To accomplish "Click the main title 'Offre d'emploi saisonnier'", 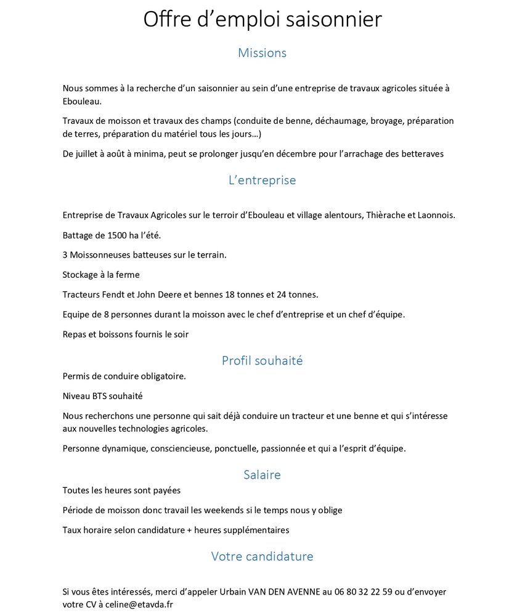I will (262, 20).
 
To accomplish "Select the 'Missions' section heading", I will (262, 53).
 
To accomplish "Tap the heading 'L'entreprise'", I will (262, 180).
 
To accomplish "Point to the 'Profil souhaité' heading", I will (262, 361).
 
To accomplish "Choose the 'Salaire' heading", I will (262, 475).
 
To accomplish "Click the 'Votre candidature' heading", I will (262, 557).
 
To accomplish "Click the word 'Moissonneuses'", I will (99, 255).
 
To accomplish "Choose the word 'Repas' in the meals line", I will (75, 334).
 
